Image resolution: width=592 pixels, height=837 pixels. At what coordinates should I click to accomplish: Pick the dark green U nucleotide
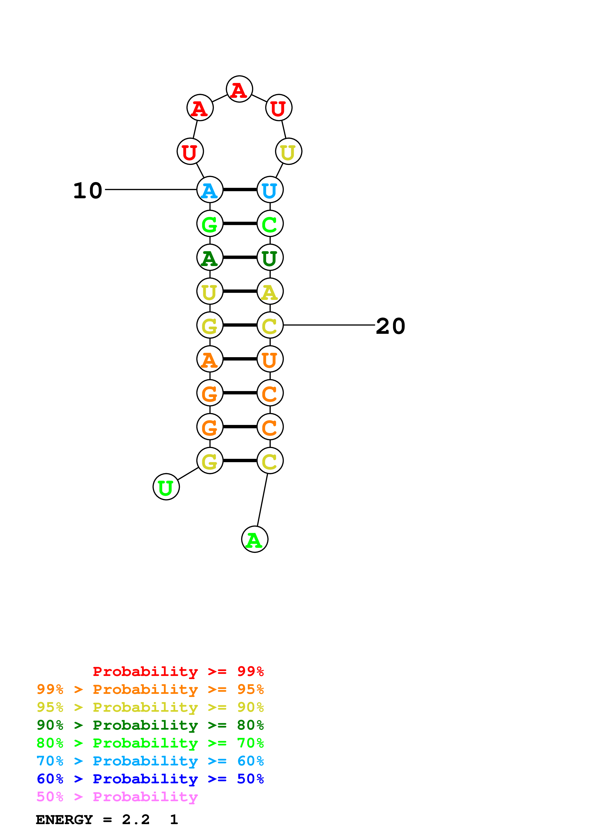[270, 257]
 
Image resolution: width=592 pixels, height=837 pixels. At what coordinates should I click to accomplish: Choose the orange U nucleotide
[270, 359]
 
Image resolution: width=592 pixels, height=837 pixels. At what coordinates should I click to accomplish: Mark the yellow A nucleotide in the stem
[270, 291]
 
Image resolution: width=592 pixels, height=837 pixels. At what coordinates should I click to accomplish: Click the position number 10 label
[88, 191]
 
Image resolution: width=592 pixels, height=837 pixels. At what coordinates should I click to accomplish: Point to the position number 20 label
[390, 326]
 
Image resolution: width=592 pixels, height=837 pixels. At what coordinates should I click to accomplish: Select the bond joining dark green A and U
[240, 257]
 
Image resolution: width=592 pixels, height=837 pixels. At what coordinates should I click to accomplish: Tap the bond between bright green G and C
[240, 224]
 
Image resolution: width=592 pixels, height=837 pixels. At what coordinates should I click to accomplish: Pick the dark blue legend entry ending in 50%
[150, 779]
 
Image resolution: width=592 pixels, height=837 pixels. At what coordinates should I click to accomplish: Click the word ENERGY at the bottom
[64, 820]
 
